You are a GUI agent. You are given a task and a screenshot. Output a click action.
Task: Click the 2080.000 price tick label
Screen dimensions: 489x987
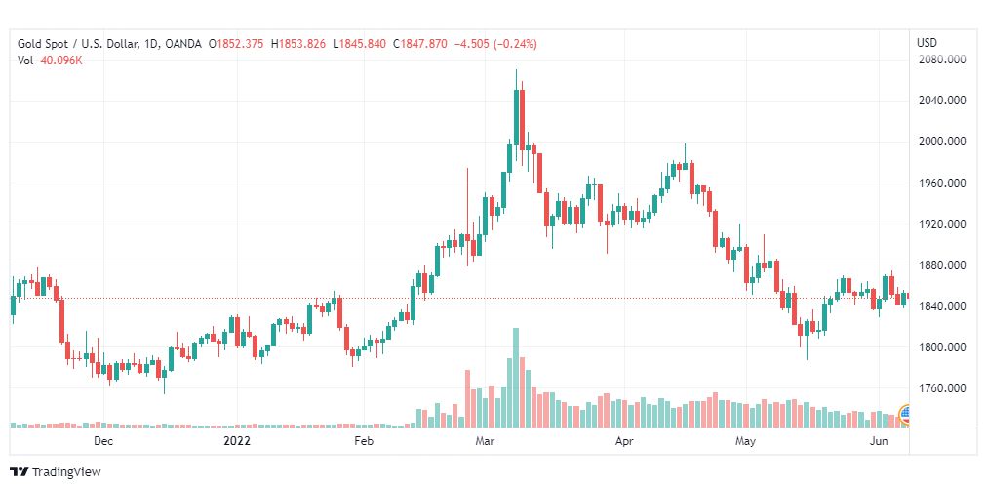(941, 60)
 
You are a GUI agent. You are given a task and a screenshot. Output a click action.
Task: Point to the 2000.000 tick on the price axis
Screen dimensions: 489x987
(941, 142)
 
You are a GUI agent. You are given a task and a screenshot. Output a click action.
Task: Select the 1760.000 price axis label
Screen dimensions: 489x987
(941, 388)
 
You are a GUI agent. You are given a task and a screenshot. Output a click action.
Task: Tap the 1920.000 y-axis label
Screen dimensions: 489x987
(941, 224)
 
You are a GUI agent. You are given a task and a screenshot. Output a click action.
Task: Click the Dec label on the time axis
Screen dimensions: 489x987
(103, 441)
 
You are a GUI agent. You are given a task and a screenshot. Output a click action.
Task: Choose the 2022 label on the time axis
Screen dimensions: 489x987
(237, 441)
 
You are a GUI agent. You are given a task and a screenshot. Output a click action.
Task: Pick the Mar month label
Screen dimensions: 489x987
(487, 441)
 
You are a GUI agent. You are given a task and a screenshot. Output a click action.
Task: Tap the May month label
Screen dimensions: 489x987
(745, 441)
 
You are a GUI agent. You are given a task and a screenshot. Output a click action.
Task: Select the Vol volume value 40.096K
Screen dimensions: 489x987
(60, 61)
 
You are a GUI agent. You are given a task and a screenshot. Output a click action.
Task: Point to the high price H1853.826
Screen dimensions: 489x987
(301, 44)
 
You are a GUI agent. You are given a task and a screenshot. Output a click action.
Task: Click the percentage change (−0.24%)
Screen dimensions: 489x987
(514, 44)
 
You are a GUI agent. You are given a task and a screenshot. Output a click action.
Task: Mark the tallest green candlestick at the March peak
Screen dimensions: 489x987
(516, 118)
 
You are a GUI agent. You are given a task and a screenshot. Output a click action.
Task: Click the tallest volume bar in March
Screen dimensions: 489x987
(516, 378)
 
